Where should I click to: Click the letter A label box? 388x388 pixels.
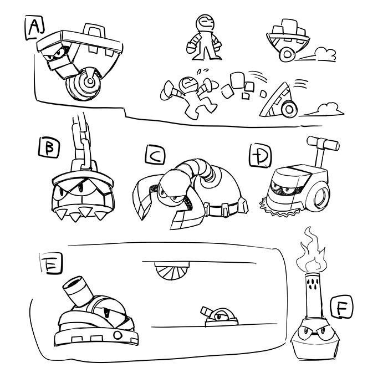point(35,28)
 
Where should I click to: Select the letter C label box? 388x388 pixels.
point(155,155)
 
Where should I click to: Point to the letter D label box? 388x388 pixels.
point(260,155)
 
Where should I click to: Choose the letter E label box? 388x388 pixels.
point(51,263)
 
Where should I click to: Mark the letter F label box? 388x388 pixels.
point(341,307)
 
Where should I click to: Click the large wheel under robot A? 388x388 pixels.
point(83,84)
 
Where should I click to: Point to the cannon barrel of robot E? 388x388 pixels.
point(77,290)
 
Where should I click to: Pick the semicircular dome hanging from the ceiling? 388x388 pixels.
point(172,270)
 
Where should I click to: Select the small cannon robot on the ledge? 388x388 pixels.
point(219,317)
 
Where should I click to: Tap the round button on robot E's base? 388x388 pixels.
point(118,335)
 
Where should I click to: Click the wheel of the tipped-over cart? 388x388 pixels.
point(289,109)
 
